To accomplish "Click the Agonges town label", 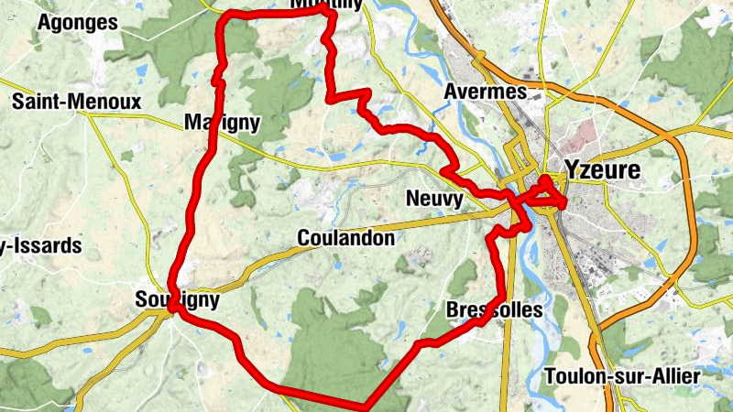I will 78,22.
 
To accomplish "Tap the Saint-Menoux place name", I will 76,101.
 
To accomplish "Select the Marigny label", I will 223,123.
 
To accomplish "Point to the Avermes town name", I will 485,92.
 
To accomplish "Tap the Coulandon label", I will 346,239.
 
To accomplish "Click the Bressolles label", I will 495,310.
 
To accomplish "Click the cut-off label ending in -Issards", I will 41,246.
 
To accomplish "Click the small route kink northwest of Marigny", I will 218,81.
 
